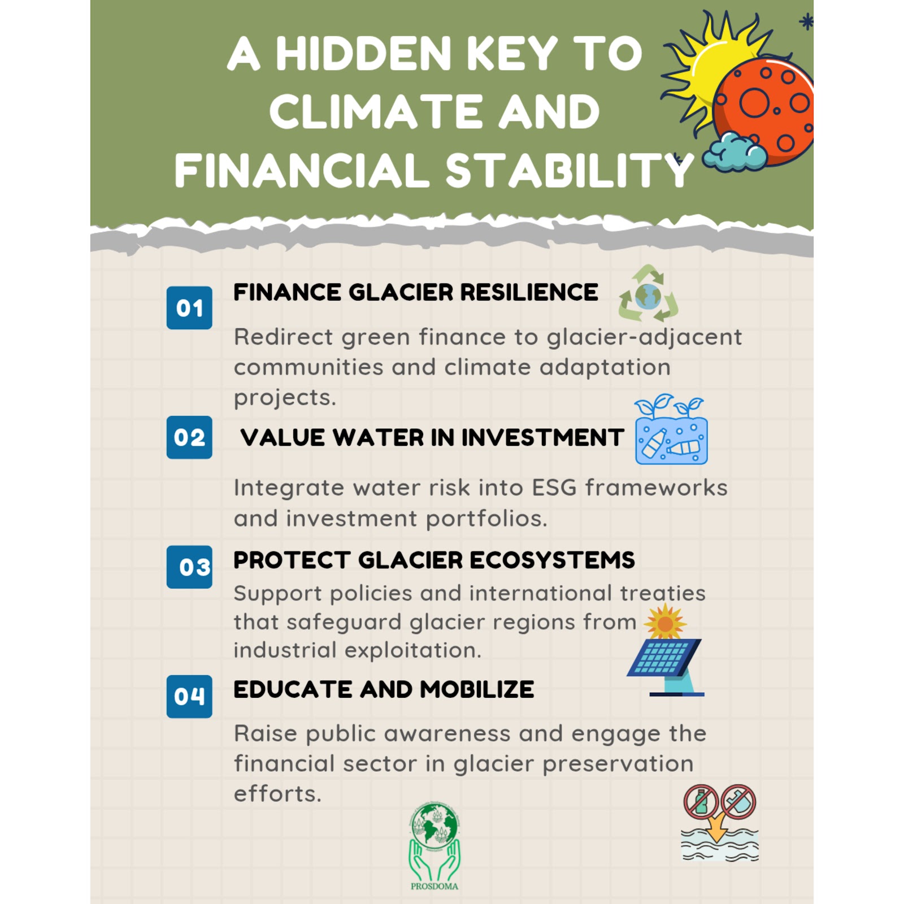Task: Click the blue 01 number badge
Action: pos(189,308)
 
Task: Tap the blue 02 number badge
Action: pos(189,437)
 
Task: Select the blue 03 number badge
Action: pos(189,567)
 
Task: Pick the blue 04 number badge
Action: pos(189,696)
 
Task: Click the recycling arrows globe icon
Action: pos(648,294)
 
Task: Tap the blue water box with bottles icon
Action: pos(671,429)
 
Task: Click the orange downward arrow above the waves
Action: pos(717,829)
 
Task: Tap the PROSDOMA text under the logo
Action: pos(434,886)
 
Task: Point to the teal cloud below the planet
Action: pos(734,153)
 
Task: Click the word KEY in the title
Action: pos(513,54)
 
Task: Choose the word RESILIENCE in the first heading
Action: pos(529,293)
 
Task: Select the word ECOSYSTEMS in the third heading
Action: pos(552,560)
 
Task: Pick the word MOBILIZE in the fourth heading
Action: pos(477,690)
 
